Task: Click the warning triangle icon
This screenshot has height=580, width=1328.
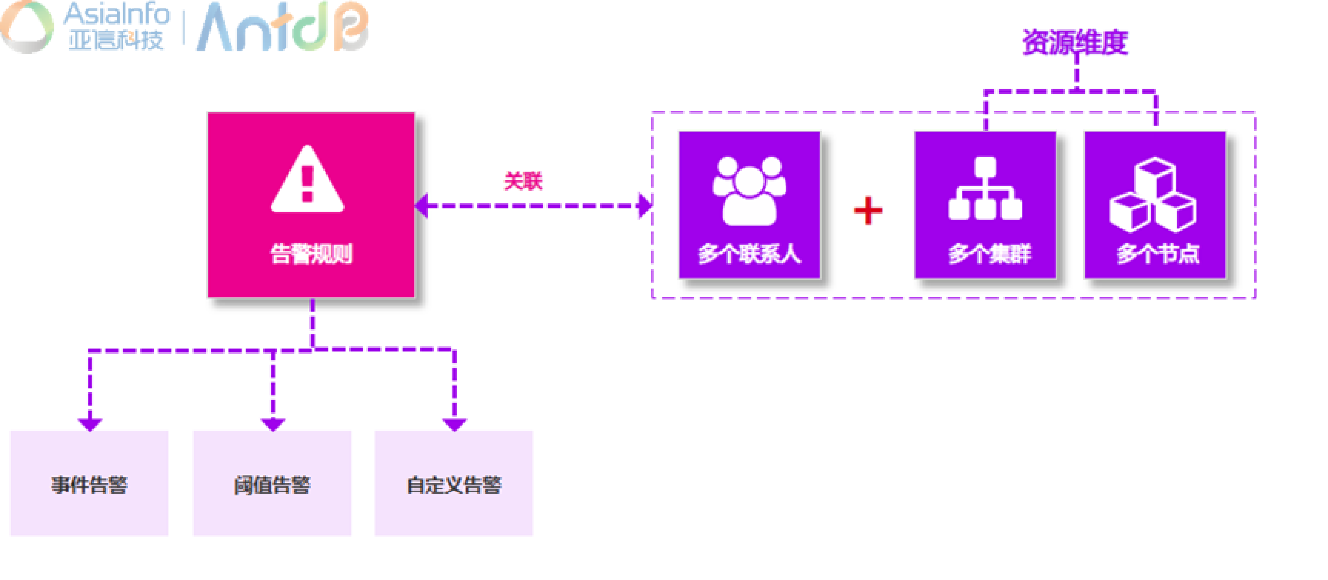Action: (x=307, y=180)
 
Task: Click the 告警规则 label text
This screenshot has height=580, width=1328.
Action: (x=311, y=253)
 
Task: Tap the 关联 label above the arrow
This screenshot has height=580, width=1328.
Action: (x=523, y=181)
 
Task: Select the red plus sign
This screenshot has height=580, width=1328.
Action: (x=868, y=210)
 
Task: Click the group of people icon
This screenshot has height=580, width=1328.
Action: (x=749, y=190)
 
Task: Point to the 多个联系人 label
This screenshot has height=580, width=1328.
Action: (x=749, y=253)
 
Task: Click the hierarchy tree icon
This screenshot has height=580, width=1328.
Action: (x=985, y=189)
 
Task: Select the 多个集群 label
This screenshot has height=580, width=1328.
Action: (x=989, y=253)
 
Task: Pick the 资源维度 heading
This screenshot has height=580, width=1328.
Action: (x=1075, y=42)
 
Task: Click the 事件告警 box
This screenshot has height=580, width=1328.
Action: (x=89, y=483)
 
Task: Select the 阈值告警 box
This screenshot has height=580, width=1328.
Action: (x=272, y=483)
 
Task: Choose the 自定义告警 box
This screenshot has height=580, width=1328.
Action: (x=454, y=483)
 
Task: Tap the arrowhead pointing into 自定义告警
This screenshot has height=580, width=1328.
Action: (x=454, y=424)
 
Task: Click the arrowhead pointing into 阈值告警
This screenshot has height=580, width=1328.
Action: (x=273, y=424)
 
